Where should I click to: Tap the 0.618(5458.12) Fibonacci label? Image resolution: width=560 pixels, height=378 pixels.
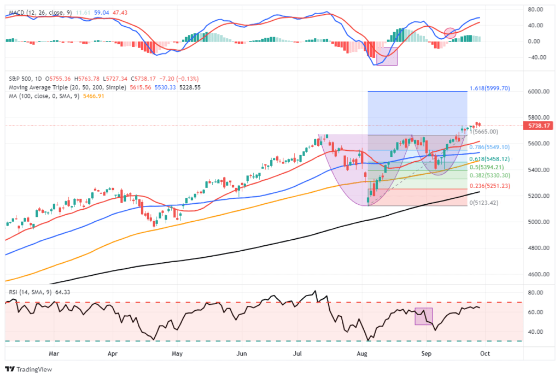click(489, 159)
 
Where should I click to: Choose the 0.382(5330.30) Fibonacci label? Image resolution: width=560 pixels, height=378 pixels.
click(489, 175)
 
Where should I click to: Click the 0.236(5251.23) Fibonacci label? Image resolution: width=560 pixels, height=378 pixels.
click(489, 186)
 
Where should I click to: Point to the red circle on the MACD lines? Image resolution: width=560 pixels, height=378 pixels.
click(450, 33)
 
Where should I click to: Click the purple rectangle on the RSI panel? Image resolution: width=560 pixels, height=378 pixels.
click(424, 317)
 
